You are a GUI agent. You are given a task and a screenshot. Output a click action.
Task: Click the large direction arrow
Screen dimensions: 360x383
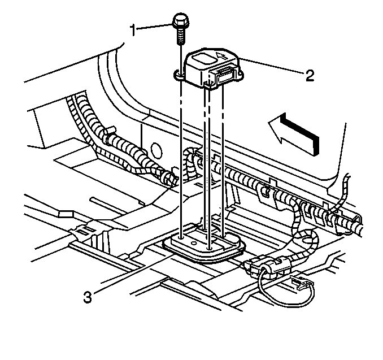click(x=294, y=133)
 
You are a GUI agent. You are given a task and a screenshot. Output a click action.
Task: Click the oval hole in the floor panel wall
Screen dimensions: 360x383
click(x=156, y=150)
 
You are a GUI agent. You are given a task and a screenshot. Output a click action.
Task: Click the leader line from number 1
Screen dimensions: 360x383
click(x=155, y=24)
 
